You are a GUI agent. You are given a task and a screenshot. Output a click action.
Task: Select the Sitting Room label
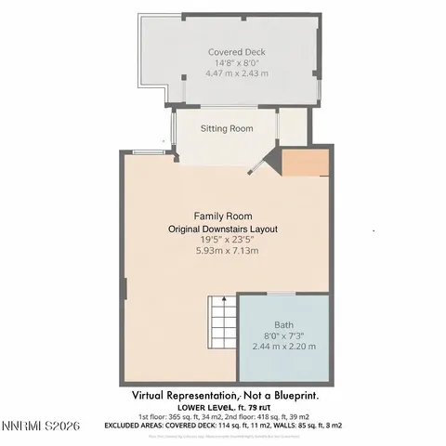[228, 127]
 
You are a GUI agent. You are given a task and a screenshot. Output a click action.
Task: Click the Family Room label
[223, 216]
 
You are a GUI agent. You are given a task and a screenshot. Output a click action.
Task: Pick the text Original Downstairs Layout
[223, 228]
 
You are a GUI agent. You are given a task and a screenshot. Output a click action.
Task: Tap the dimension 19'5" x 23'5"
[223, 239]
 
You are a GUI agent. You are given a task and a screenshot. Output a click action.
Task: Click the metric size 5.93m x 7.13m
[223, 250]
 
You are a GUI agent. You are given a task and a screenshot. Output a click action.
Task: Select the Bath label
[284, 325]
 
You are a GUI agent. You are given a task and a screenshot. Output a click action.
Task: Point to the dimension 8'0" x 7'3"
[284, 335]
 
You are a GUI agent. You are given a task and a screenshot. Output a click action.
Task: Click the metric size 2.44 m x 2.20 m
[284, 347]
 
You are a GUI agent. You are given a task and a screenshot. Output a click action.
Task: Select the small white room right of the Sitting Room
[292, 128]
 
